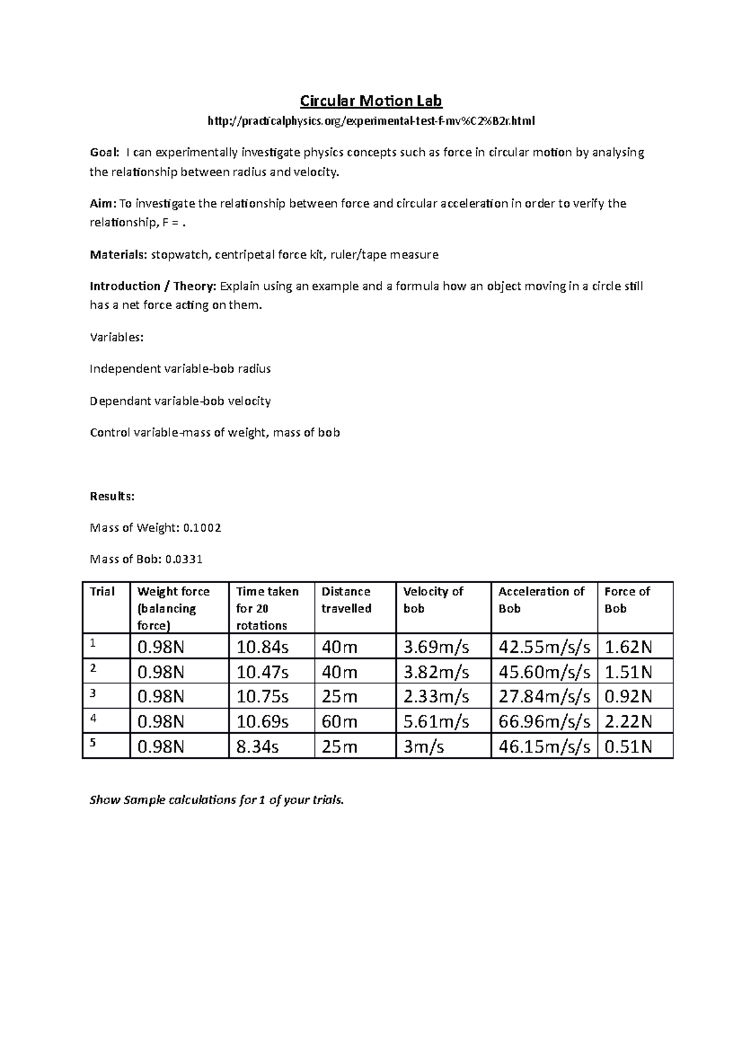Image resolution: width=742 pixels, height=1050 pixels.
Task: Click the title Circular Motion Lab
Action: click(x=371, y=101)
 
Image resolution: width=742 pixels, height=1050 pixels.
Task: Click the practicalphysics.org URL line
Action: click(x=371, y=121)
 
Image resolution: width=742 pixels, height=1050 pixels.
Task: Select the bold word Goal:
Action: click(x=103, y=153)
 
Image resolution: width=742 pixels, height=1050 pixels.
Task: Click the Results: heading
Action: click(x=112, y=497)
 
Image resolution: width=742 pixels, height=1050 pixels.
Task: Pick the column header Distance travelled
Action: click(x=346, y=600)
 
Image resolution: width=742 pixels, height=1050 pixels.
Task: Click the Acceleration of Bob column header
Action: click(x=541, y=600)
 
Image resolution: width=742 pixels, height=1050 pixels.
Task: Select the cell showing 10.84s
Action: click(x=263, y=647)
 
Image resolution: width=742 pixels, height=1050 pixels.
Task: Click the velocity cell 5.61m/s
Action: click(x=436, y=722)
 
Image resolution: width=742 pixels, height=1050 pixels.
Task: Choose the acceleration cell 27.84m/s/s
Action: click(x=544, y=697)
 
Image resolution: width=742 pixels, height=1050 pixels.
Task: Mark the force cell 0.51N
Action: click(x=628, y=747)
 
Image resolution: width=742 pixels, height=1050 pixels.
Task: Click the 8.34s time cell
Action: click(x=258, y=747)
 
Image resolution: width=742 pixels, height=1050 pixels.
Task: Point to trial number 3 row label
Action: click(x=93, y=693)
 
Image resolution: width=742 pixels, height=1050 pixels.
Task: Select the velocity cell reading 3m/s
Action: click(x=424, y=747)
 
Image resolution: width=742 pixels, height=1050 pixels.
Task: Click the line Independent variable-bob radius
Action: click(x=180, y=369)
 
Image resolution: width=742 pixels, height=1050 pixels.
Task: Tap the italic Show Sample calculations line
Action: click(x=216, y=800)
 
